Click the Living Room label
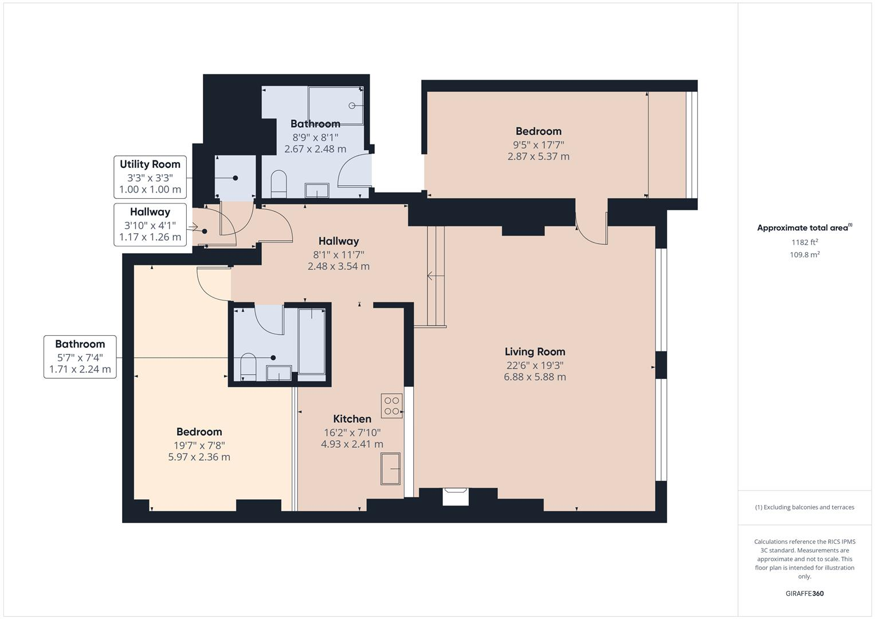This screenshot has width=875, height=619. pyautogui.click(x=535, y=352)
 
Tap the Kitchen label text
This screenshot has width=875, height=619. pyautogui.click(x=352, y=419)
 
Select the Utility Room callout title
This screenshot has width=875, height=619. pyautogui.click(x=150, y=164)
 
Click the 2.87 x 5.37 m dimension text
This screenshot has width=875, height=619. pyautogui.click(x=538, y=156)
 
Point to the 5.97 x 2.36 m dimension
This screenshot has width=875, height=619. pyautogui.click(x=199, y=457)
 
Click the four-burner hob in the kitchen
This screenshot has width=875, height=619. pyautogui.click(x=392, y=406)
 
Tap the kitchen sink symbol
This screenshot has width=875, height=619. pyautogui.click(x=390, y=468)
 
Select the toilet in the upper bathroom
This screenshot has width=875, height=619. pyautogui.click(x=278, y=183)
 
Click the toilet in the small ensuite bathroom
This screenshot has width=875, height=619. pyautogui.click(x=248, y=367)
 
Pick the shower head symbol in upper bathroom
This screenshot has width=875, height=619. pyautogui.click(x=352, y=105)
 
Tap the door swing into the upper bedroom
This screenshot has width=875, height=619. pyautogui.click(x=590, y=229)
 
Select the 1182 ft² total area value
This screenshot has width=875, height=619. pyautogui.click(x=805, y=242)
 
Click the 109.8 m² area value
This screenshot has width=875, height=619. pyautogui.click(x=805, y=255)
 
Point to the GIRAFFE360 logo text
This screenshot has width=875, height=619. pyautogui.click(x=805, y=594)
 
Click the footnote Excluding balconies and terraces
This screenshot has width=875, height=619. pyautogui.click(x=805, y=507)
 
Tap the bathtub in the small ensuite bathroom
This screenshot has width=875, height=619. pyautogui.click(x=312, y=340)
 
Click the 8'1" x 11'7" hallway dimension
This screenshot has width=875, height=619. pyautogui.click(x=338, y=254)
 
